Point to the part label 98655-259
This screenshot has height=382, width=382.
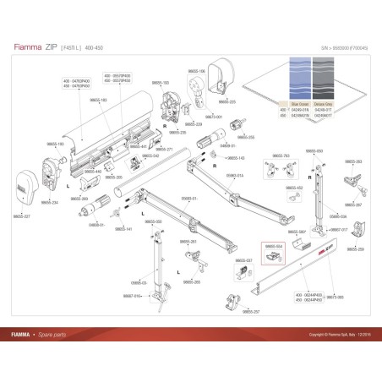tap(356, 249)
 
